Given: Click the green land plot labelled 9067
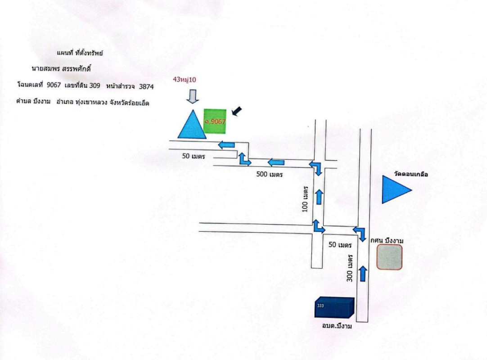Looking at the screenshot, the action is pyautogui.click(x=215, y=121).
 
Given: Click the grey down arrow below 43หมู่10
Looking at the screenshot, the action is pyautogui.click(x=193, y=96).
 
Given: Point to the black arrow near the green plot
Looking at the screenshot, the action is pyautogui.click(x=237, y=111).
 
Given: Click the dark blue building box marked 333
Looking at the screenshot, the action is pyautogui.click(x=334, y=307).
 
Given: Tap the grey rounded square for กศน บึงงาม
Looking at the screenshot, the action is pyautogui.click(x=389, y=257).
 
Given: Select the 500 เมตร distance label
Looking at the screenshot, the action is pyautogui.click(x=269, y=174).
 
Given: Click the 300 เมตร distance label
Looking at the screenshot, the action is pyautogui.click(x=350, y=268).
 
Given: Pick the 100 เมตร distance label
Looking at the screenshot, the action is pyautogui.click(x=305, y=199).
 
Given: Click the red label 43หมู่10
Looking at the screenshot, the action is pyautogui.click(x=185, y=80).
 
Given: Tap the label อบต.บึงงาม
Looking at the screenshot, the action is pyautogui.click(x=337, y=326).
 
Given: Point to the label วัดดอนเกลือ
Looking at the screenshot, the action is pyautogui.click(x=411, y=174).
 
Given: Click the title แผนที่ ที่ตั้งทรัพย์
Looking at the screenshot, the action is pyautogui.click(x=80, y=53).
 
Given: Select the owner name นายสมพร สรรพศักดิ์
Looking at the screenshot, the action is pyautogui.click(x=61, y=69).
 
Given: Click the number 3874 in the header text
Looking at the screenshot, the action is pyautogui.click(x=146, y=87).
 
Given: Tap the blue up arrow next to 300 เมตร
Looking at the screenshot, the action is pyautogui.click(x=363, y=273).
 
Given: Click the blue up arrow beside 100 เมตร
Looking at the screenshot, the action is pyautogui.click(x=319, y=197).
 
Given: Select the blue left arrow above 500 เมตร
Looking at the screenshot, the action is pyautogui.click(x=276, y=162).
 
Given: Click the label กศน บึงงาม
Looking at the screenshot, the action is pyautogui.click(x=387, y=241).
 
